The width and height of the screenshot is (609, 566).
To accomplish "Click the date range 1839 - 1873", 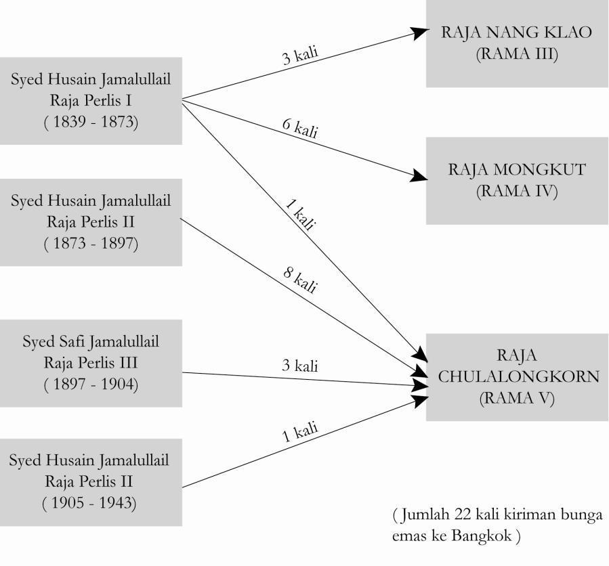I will coord(91,123).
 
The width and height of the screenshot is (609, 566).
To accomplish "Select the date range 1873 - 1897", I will coord(91,244).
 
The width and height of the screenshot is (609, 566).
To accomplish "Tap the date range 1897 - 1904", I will coord(91,385).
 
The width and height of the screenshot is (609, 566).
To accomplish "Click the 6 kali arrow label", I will coord(299,129).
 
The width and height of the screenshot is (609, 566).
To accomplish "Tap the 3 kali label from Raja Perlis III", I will coord(300,366).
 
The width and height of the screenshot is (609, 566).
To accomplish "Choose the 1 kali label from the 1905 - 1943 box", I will coord(300,431).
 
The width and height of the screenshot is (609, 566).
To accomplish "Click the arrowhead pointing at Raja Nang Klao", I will coord(420,31).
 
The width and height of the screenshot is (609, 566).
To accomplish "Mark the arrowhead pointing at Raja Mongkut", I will coord(420,176).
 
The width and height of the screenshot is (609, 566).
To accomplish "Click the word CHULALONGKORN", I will coord(518,376).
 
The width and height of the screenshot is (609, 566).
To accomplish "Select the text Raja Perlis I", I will coord(91,101).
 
